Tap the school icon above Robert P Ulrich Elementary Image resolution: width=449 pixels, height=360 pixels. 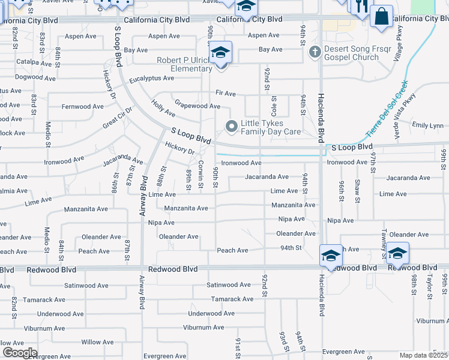(x=220, y=52)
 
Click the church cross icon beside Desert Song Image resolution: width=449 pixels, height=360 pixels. (x=313, y=52)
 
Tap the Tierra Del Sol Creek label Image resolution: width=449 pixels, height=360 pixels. (x=387, y=108)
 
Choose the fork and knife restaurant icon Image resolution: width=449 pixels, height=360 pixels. (x=360, y=6)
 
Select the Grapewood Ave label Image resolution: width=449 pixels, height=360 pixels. (x=196, y=106)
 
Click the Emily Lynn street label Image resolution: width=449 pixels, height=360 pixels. (x=427, y=125)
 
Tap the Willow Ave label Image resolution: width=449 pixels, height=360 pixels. (x=97, y=342)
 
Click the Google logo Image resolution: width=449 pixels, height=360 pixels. (x=20, y=353)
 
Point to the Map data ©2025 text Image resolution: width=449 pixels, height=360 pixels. (x=424, y=355)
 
